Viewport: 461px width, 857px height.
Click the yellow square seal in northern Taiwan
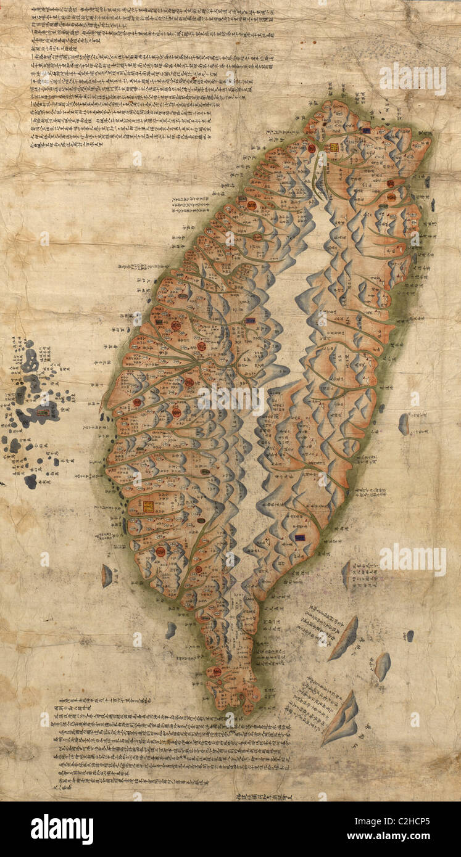tap(334, 148)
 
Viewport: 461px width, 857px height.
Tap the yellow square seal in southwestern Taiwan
tap(149, 506)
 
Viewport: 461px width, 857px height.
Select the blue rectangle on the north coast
tap(366, 130)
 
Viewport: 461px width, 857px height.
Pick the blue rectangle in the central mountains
tap(250, 321)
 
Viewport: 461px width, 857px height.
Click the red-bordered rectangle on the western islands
tap(43, 412)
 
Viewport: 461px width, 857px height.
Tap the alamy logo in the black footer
tap(62, 829)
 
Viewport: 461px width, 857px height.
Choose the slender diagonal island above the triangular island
tap(344, 638)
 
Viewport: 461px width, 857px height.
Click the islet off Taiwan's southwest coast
tap(107, 575)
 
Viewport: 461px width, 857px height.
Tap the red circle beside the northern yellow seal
tap(312, 148)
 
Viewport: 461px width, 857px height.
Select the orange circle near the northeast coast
tap(391, 197)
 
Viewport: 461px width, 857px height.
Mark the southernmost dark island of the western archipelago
tap(30, 481)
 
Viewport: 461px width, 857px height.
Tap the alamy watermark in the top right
tap(412, 78)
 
